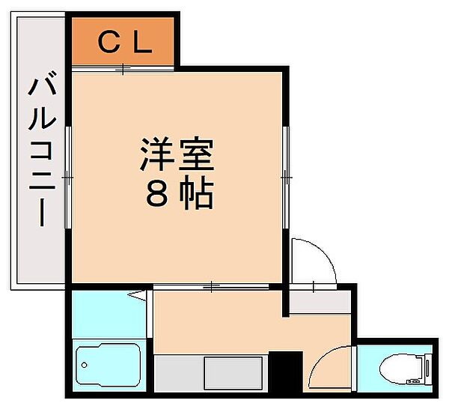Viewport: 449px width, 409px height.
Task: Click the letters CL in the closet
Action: [126, 41]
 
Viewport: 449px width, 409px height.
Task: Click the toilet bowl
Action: [396, 369]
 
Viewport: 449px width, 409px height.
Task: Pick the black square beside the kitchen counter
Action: [285, 370]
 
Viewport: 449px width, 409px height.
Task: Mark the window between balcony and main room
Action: [67, 177]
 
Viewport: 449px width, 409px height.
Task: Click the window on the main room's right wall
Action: [285, 177]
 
